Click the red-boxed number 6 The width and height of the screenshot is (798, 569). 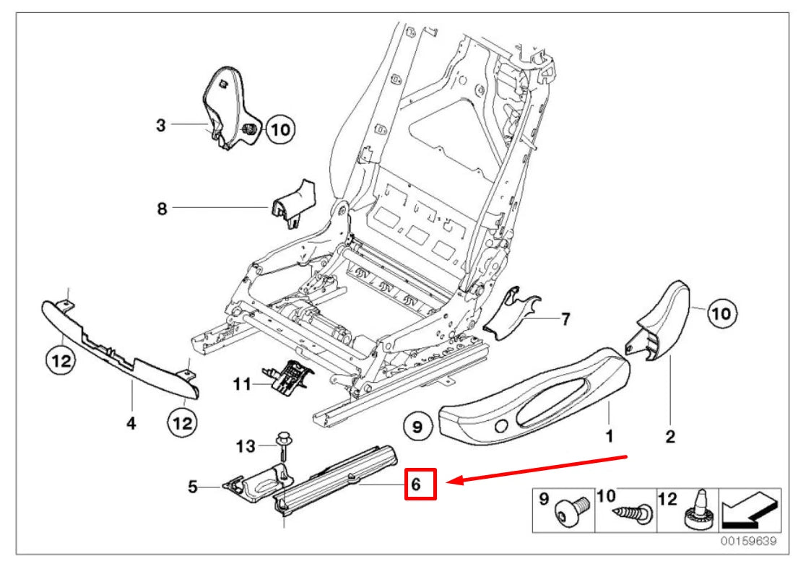click(420, 484)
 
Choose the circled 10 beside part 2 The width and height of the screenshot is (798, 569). click(722, 313)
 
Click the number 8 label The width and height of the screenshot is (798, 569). click(162, 209)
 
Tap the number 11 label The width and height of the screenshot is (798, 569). click(242, 384)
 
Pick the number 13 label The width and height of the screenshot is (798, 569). click(246, 447)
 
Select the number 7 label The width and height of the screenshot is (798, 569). click(565, 318)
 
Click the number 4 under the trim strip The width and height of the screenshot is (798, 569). click(131, 424)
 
